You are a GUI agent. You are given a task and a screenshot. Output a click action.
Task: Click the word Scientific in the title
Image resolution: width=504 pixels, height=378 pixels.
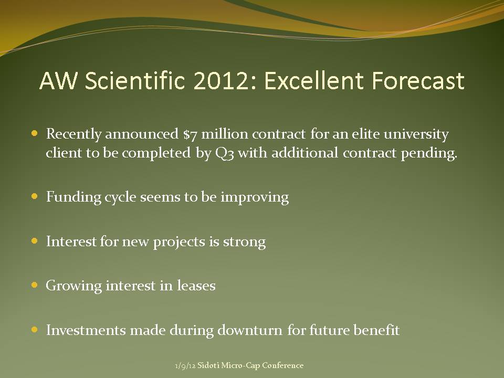pyautogui.click(x=135, y=80)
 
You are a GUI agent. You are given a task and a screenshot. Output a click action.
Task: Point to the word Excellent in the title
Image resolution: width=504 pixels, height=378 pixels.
pyautogui.click(x=314, y=80)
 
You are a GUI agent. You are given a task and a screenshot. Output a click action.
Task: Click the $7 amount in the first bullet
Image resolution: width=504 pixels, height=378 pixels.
pyautogui.click(x=190, y=134)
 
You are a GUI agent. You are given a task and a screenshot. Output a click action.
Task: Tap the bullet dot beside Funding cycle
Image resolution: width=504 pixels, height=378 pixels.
pyautogui.click(x=35, y=196)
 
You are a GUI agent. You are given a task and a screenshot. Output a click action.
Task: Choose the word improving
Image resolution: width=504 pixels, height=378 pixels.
pyautogui.click(x=255, y=197)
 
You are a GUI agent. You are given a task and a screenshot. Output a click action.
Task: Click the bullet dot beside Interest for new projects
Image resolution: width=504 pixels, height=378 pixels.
pyautogui.click(x=35, y=241)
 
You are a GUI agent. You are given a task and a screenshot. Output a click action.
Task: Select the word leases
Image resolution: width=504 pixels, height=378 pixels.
pyautogui.click(x=196, y=286)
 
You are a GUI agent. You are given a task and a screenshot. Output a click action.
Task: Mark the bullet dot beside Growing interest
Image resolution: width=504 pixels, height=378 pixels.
pyautogui.click(x=35, y=285)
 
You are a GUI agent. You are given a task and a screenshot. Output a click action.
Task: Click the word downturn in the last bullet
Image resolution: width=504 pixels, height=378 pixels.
pyautogui.click(x=250, y=330)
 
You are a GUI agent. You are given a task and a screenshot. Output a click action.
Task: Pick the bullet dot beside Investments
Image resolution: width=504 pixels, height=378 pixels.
pyautogui.click(x=35, y=330)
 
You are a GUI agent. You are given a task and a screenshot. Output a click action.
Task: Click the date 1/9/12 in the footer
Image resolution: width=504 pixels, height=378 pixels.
pyautogui.click(x=185, y=366)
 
